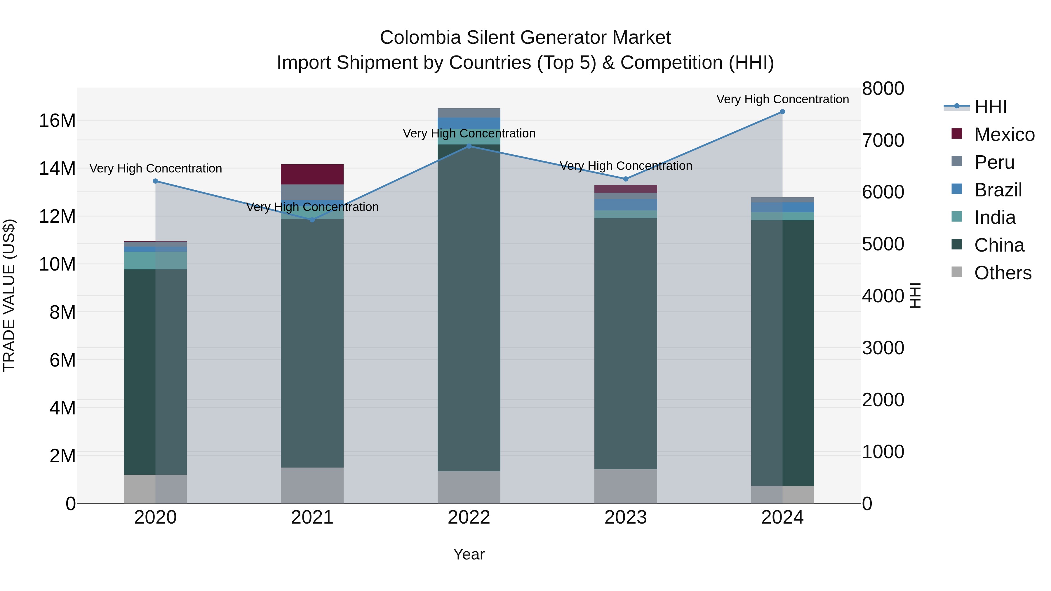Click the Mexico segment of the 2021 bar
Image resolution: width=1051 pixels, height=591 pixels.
[x=312, y=174]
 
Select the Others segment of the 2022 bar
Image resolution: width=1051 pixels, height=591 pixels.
[x=469, y=487]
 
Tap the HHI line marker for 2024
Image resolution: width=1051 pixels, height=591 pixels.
[x=782, y=112]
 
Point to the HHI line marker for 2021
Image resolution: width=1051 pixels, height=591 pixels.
[x=312, y=220]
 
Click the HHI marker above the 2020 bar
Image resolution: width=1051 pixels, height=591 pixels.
[x=155, y=181]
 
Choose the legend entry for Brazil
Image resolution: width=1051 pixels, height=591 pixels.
[x=998, y=190]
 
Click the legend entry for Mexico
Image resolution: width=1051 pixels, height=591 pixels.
[x=1004, y=135]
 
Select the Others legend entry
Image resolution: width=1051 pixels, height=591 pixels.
[x=1003, y=273]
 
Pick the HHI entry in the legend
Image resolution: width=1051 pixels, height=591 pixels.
[x=990, y=107]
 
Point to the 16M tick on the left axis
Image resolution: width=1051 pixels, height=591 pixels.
[x=57, y=121]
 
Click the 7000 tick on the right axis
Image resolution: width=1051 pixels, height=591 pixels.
[x=883, y=140]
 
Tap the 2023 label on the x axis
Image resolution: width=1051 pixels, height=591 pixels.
[x=625, y=517]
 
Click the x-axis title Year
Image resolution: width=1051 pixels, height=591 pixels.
[x=469, y=554]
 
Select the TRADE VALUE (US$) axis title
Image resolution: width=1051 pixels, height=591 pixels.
[x=9, y=295]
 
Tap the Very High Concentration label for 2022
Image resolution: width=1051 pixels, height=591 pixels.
[x=469, y=133]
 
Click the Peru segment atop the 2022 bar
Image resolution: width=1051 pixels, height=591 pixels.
[x=469, y=113]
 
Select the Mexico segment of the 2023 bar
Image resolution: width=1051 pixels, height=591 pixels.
[x=625, y=189]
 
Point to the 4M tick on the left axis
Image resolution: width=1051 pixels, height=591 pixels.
[x=62, y=408]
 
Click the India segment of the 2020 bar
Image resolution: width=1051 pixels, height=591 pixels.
[x=140, y=260]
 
